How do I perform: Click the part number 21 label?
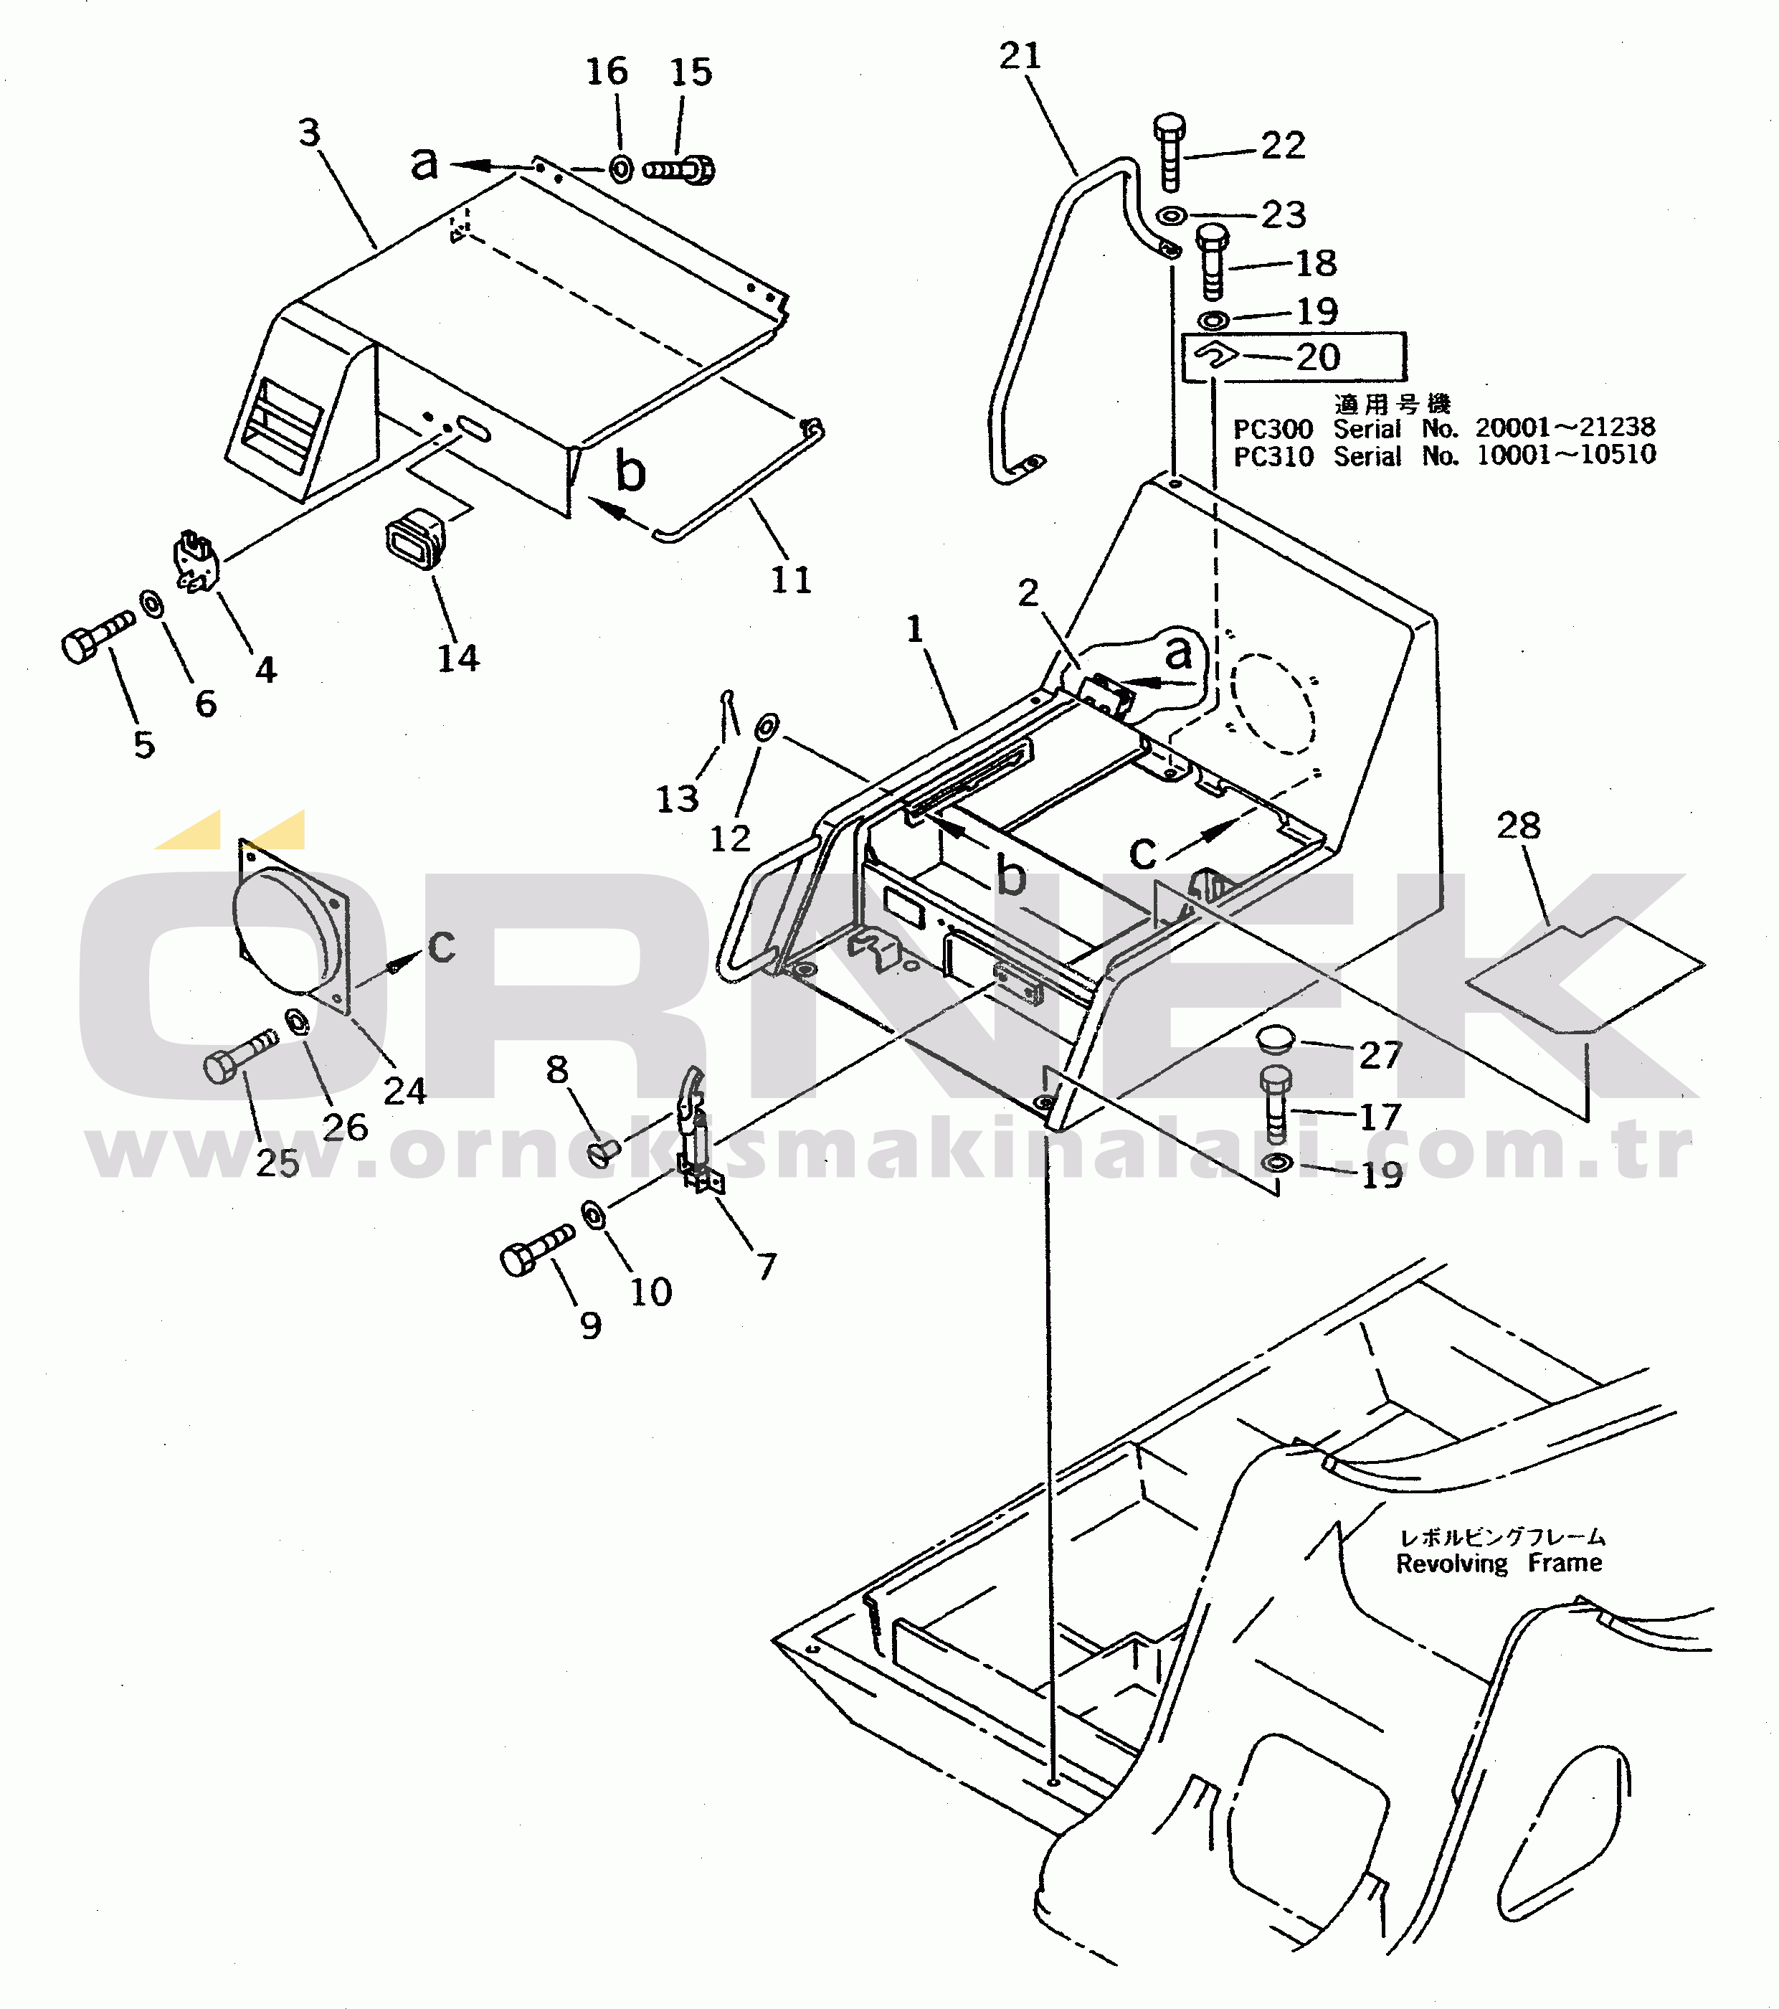[x=1020, y=56]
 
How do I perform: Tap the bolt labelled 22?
[x=1169, y=152]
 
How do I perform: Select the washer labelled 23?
[x=1171, y=214]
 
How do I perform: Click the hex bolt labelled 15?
[x=679, y=170]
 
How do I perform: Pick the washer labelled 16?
[x=621, y=169]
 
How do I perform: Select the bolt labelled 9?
[x=536, y=1249]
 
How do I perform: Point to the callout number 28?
[x=1519, y=826]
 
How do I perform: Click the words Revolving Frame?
[x=1498, y=1563]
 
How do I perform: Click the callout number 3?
[x=310, y=132]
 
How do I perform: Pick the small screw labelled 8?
[x=605, y=1151]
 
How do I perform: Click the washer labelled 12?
[x=767, y=727]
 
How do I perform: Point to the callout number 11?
[x=791, y=580]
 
